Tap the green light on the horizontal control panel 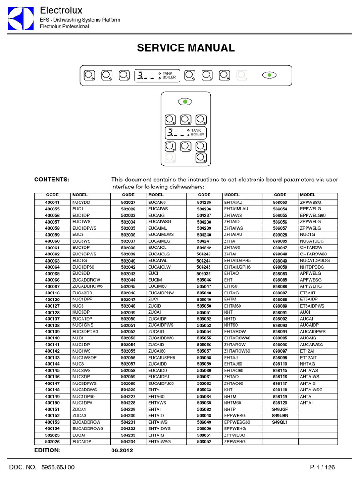point(269,75)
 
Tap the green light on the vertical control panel point(185,101)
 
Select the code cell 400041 point(52,202)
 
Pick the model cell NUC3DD point(81,202)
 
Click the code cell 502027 point(128,202)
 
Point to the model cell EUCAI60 point(157,202)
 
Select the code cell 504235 point(204,202)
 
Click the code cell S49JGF point(280,409)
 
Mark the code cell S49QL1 point(280,422)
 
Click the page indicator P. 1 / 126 point(322,467)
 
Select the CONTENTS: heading point(52,180)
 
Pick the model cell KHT point(229,389)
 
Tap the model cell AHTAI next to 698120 point(307,402)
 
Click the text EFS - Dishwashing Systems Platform point(80,20)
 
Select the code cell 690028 point(280,233)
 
